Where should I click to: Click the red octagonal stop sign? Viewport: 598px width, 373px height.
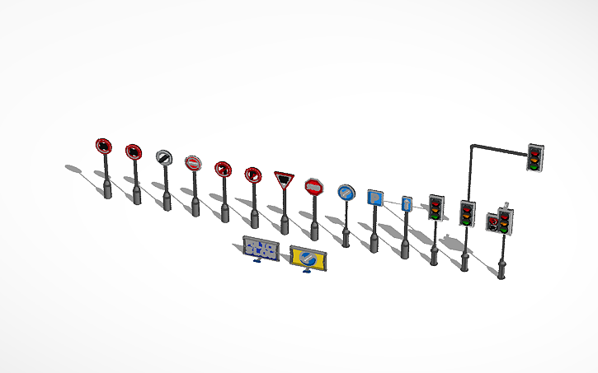click(x=313, y=187)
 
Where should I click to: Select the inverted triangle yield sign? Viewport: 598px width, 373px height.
click(x=284, y=179)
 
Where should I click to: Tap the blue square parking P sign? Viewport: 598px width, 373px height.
click(x=374, y=198)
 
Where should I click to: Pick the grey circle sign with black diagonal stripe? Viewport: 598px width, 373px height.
click(x=163, y=156)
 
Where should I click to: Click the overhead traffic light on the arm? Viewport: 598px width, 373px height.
click(x=536, y=156)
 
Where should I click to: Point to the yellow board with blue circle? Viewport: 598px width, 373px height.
click(x=308, y=259)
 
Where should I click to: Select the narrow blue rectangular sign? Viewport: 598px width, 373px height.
click(x=406, y=204)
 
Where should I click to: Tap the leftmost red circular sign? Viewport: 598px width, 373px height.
click(x=103, y=147)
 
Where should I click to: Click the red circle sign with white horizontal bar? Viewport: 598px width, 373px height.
click(x=193, y=163)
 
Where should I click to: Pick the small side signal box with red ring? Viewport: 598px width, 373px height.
click(x=492, y=223)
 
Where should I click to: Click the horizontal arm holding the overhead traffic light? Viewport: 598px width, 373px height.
click(x=499, y=148)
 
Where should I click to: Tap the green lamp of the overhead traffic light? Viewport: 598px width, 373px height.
click(x=535, y=166)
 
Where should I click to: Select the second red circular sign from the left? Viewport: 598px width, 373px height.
click(x=133, y=152)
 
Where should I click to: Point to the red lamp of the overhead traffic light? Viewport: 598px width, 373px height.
click(x=536, y=149)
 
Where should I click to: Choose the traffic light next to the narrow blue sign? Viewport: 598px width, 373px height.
click(x=436, y=207)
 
